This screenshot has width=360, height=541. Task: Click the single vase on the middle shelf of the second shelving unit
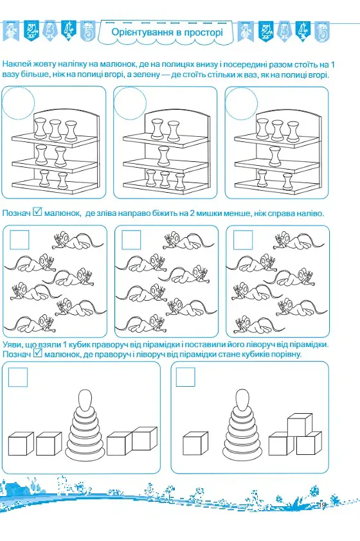pyautogui.click(x=163, y=155)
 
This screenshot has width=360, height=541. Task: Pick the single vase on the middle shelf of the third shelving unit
pyautogui.click(x=275, y=155)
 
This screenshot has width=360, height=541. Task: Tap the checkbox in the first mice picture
pyautogui.click(x=19, y=240)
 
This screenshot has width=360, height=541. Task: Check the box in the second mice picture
pyautogui.click(x=131, y=240)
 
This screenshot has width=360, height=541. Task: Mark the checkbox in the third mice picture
pyautogui.click(x=243, y=240)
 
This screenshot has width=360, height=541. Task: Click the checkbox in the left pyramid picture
pyautogui.click(x=18, y=377)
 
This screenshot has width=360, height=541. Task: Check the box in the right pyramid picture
pyautogui.click(x=186, y=377)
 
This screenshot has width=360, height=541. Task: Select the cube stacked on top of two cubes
pyautogui.click(x=300, y=424)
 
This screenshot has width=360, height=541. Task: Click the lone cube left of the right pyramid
pyautogui.click(x=195, y=443)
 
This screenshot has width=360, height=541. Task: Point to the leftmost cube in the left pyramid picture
pyautogui.click(x=21, y=443)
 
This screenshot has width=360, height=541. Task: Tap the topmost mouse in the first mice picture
pyautogui.click(x=78, y=240)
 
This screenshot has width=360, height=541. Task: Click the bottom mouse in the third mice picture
pyautogui.click(x=260, y=325)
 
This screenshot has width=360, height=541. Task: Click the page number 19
pyautogui.click(x=322, y=505)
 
